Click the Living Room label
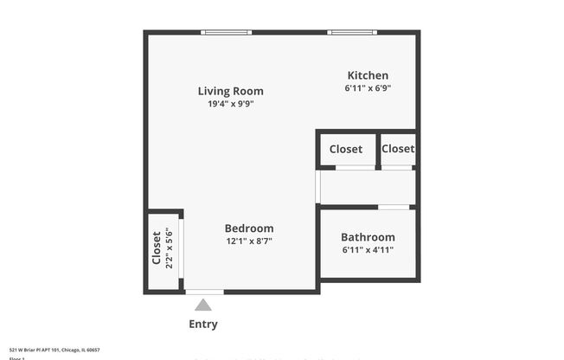230,91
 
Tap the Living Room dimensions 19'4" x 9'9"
230,104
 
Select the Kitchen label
368,75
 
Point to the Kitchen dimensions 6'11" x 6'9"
368,88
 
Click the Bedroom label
249,228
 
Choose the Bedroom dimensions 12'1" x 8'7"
249,241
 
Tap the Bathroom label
368,237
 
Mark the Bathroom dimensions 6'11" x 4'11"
368,250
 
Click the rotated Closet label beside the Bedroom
157,247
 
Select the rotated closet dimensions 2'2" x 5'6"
170,247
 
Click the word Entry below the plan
203,325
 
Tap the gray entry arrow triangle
203,304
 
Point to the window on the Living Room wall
227,33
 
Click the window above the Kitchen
352,33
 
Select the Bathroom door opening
394,207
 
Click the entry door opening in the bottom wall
204,292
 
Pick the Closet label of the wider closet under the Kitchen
346,149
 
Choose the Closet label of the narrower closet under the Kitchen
398,149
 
